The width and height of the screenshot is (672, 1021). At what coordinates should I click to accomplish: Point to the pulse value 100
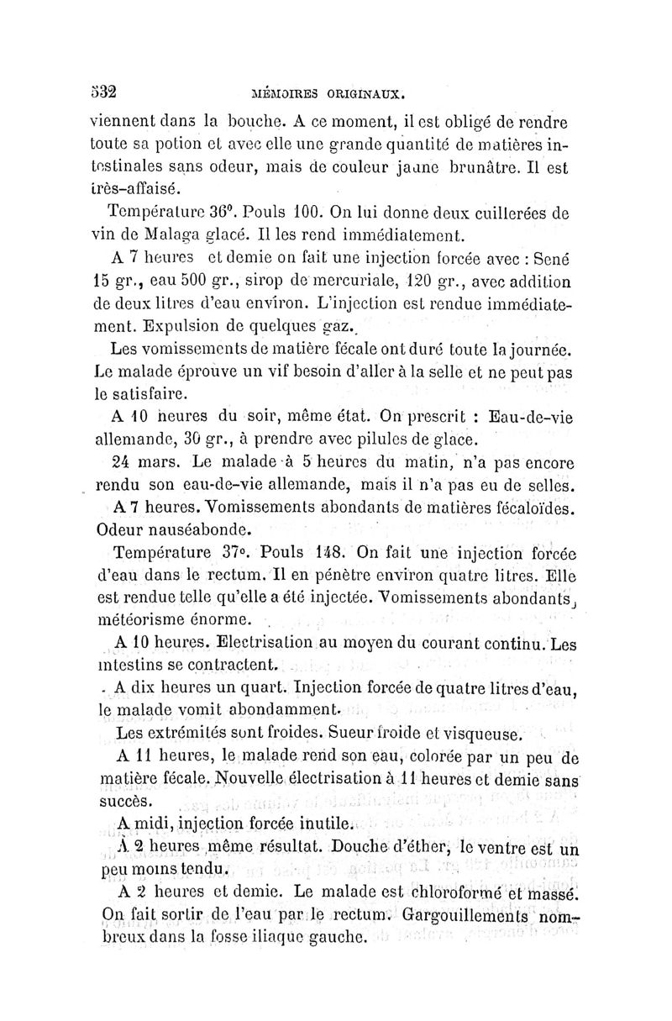321,212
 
